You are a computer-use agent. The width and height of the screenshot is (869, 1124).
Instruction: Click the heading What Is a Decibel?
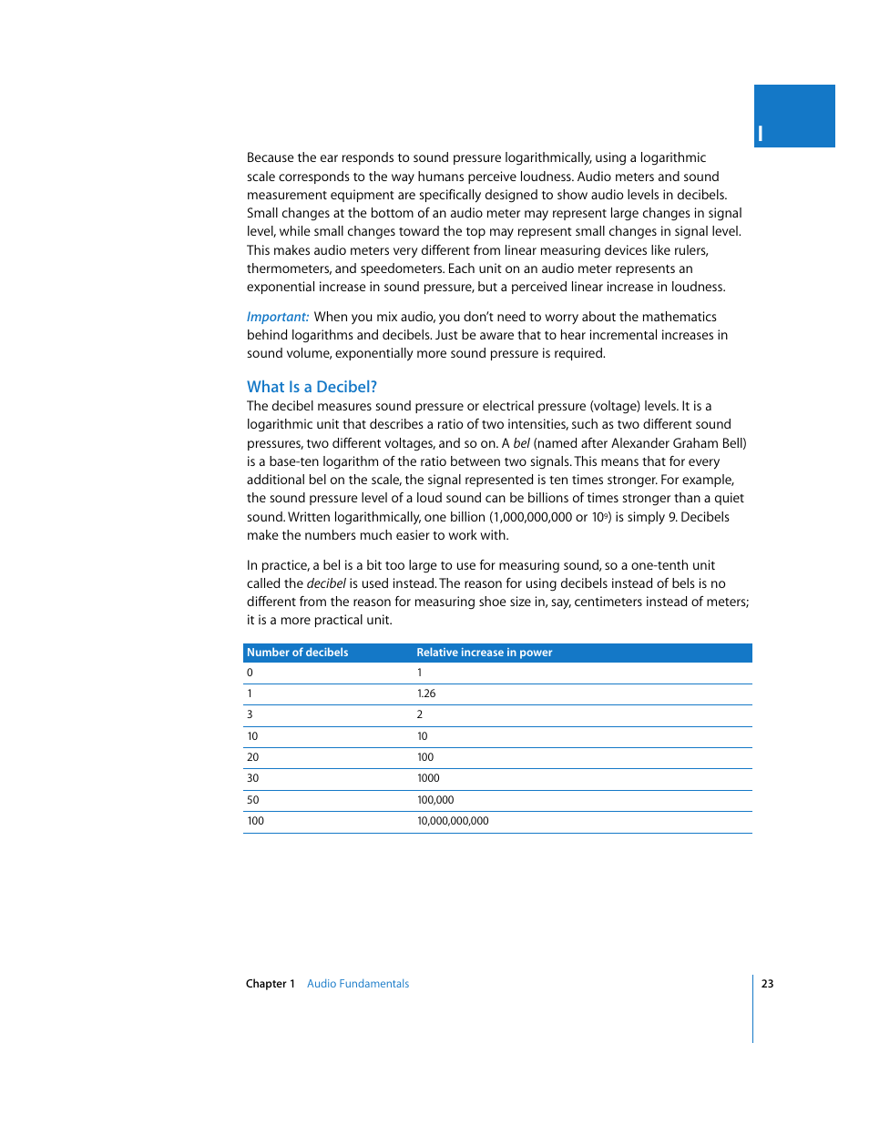[312, 387]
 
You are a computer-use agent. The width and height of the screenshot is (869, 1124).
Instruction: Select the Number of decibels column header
[297, 653]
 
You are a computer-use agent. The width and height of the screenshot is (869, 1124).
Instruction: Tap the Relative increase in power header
[484, 653]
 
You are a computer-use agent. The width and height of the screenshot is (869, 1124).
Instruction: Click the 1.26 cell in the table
[426, 694]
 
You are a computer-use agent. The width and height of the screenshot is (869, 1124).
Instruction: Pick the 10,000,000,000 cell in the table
[453, 821]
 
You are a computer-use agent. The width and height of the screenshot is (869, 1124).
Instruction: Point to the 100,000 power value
[435, 800]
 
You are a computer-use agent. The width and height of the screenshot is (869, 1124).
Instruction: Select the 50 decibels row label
[253, 800]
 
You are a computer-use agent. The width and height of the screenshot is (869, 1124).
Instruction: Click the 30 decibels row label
[253, 778]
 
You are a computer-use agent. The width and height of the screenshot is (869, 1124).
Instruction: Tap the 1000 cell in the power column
[428, 778]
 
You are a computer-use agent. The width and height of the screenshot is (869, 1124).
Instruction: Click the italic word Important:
[278, 317]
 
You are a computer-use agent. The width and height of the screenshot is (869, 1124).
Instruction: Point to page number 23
[767, 984]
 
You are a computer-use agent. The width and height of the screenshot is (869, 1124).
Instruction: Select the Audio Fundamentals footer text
[358, 984]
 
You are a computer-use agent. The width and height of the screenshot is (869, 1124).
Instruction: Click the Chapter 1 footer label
[271, 984]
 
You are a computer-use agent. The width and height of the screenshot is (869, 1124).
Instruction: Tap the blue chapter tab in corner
[793, 116]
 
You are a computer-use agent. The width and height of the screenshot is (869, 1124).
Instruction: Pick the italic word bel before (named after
[521, 443]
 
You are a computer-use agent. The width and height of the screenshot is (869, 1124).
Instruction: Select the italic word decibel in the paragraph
[326, 583]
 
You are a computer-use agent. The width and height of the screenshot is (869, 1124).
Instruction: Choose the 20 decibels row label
[253, 757]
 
